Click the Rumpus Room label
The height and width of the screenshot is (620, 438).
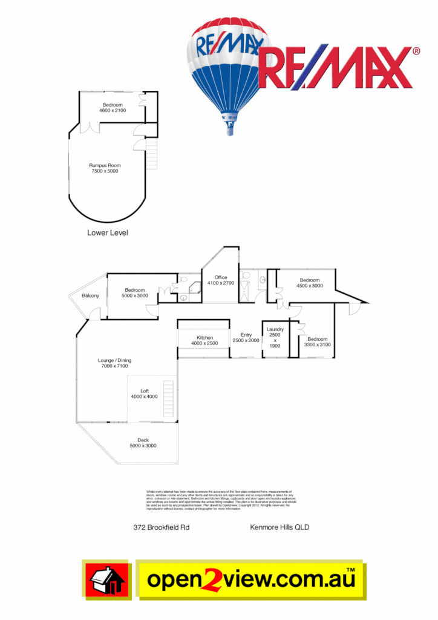pos(105,165)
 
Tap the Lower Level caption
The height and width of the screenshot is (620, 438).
pos(107,232)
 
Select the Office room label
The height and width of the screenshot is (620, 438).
pos(220,277)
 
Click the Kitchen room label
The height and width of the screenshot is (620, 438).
pos(204,337)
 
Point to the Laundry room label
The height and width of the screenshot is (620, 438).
pos(275,329)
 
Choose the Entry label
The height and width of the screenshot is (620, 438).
pos(246,335)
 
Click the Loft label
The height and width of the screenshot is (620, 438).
pos(145,391)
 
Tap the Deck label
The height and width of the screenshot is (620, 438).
pos(143,440)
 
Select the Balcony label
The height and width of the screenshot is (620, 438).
pos(90,295)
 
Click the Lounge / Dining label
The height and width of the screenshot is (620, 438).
pos(114,360)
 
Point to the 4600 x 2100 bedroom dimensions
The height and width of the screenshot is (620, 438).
pos(113,110)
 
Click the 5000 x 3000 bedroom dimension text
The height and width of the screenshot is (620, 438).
pos(134,295)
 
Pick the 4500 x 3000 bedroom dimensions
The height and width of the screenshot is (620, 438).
pos(310,286)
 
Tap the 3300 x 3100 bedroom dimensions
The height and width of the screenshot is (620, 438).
pos(317,345)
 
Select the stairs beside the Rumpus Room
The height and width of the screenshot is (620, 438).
pos(151,153)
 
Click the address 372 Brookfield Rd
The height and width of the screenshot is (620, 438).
pos(162,527)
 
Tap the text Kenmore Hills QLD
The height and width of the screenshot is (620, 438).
pos(279,527)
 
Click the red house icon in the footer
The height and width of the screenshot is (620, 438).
pos(107,581)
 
